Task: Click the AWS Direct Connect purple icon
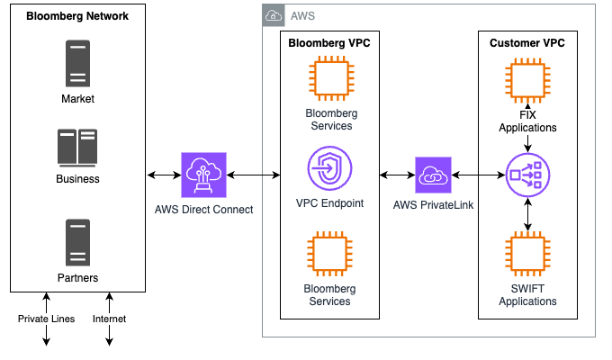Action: pyautogui.click(x=203, y=175)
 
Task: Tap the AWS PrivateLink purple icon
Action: pyautogui.click(x=433, y=175)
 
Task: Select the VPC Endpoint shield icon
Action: pyautogui.click(x=329, y=168)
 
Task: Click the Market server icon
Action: pyautogui.click(x=77, y=63)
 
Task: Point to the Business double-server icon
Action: pyautogui.click(x=77, y=148)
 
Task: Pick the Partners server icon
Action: pyautogui.click(x=77, y=242)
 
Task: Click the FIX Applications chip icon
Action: pyautogui.click(x=527, y=80)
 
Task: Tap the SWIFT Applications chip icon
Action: pyautogui.click(x=527, y=254)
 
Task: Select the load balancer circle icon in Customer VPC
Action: pyautogui.click(x=527, y=175)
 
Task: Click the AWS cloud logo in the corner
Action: pyautogui.click(x=274, y=15)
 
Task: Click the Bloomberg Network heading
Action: pyautogui.click(x=77, y=16)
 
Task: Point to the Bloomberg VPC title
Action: pyautogui.click(x=329, y=43)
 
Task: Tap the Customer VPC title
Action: pyautogui.click(x=527, y=43)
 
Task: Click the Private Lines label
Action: pyautogui.click(x=46, y=319)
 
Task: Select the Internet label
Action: pyautogui.click(x=109, y=319)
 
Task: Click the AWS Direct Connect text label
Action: pyautogui.click(x=203, y=210)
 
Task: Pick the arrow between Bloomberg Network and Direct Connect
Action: pyautogui.click(x=164, y=175)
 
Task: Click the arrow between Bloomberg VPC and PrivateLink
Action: pyautogui.click(x=397, y=175)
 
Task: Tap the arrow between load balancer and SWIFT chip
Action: pyautogui.click(x=527, y=214)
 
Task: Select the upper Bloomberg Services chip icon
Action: pyautogui.click(x=331, y=78)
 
